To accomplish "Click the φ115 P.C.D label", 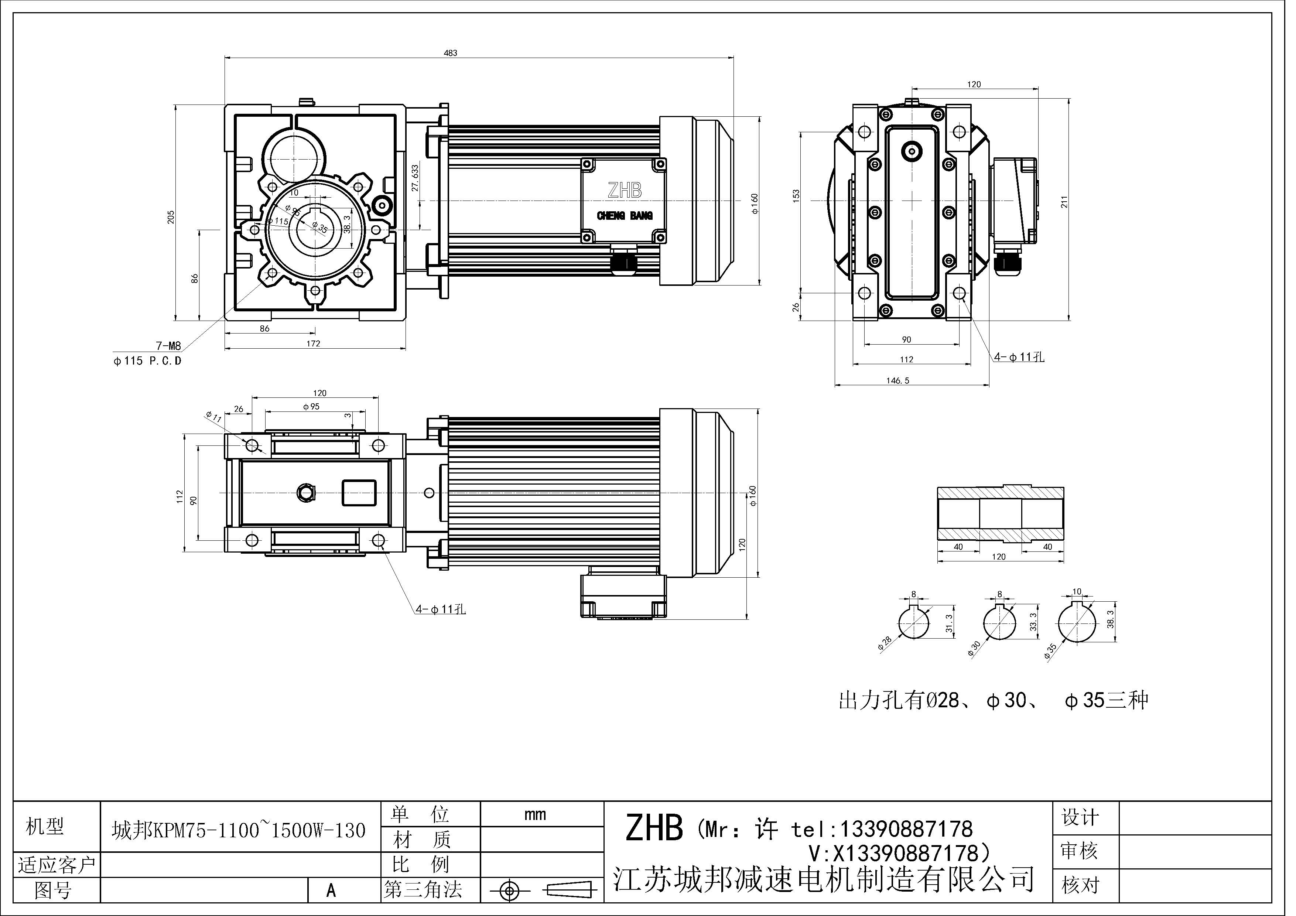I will point(148,360).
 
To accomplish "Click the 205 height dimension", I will point(171,217).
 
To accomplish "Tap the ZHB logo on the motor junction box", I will point(624,190).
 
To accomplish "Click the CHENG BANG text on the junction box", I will point(624,216).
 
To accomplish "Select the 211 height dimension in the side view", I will point(1064,202).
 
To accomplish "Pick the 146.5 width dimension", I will point(897,381).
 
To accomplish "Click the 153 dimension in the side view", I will point(796,196).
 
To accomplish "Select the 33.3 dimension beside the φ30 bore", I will point(1033,622).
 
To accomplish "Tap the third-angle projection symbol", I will point(541,891).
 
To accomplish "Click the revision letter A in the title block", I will point(331,891).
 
